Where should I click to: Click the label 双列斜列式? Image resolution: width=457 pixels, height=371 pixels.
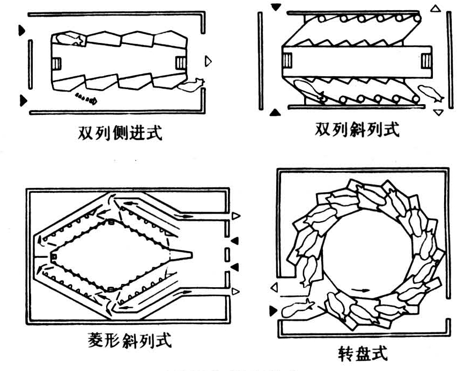click(356, 130)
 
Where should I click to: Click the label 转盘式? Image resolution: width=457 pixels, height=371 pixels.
click(362, 354)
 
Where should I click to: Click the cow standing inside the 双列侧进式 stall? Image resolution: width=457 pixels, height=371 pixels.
click(68, 39)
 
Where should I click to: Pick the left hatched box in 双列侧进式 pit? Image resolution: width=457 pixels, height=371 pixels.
click(57, 63)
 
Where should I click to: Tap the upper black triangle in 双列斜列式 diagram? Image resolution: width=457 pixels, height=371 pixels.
click(276, 7)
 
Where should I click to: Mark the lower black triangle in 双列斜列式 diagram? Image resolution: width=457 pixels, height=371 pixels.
click(275, 112)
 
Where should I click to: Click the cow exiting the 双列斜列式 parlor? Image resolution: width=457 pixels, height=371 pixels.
click(429, 94)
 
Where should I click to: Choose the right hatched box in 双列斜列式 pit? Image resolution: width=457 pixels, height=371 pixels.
click(426, 60)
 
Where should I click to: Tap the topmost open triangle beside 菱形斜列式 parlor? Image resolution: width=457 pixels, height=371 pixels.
click(235, 216)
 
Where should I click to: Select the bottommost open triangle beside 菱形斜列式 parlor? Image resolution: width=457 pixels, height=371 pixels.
click(235, 291)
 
